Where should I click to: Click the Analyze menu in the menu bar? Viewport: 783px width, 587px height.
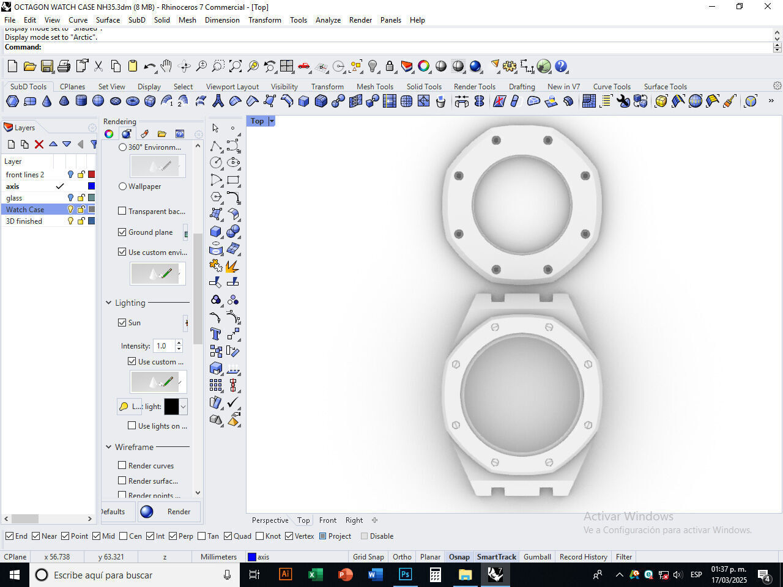(328, 20)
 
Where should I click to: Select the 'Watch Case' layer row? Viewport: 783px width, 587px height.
(25, 209)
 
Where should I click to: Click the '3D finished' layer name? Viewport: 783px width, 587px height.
(24, 221)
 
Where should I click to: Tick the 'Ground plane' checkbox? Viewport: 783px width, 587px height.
(122, 232)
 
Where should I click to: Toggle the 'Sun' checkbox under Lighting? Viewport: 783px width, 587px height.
(122, 322)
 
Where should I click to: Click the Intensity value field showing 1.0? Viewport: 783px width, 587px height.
(163, 345)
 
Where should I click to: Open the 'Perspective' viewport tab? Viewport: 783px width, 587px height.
(270, 520)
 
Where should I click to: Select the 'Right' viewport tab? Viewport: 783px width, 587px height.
(354, 520)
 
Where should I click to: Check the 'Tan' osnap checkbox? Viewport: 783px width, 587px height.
(202, 536)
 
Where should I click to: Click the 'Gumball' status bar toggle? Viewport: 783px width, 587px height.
(537, 556)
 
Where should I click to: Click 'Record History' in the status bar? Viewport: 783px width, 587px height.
(583, 556)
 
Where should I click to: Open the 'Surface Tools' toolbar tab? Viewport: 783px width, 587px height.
(665, 86)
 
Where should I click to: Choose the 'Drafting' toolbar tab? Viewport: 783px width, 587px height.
(521, 86)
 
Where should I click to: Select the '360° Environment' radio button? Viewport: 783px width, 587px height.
(123, 147)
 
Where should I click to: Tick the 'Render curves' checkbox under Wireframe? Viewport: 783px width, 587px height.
(122, 465)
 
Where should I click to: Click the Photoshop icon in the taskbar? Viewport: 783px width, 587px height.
(405, 575)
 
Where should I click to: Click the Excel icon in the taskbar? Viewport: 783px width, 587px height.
(315, 575)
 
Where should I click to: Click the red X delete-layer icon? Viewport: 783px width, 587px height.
(39, 144)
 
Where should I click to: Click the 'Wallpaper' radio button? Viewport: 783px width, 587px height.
(123, 186)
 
